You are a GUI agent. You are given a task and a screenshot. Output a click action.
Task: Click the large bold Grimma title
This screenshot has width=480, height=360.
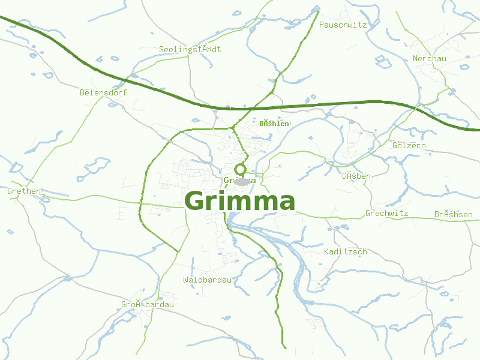point(240,202)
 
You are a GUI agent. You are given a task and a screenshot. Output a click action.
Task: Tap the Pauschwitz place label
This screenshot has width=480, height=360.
point(343,25)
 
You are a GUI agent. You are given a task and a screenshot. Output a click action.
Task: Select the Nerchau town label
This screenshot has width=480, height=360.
point(430,58)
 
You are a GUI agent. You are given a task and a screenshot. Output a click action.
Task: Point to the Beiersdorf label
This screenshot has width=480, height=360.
point(103,92)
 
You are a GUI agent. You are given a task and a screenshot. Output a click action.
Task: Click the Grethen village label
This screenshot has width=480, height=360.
point(24,191)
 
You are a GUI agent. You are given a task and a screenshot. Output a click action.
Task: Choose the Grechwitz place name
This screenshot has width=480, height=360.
point(386,213)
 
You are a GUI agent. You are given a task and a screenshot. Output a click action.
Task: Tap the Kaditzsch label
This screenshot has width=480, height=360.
point(345,251)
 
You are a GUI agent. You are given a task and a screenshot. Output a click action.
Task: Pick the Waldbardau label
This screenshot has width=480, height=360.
point(207,280)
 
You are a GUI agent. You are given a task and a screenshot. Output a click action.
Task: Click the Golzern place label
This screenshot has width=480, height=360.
point(409,145)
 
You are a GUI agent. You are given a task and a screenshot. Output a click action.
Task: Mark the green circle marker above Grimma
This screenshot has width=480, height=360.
point(241,169)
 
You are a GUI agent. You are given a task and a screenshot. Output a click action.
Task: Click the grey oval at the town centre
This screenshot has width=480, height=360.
point(242,181)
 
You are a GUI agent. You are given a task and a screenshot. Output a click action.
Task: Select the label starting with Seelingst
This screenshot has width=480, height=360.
point(190,49)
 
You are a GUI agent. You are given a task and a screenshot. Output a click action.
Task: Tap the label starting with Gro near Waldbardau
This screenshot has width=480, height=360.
point(147,304)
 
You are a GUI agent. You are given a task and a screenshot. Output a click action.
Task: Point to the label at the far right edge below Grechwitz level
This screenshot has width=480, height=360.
point(453,214)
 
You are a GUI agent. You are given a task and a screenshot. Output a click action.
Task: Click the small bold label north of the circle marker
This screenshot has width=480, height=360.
point(274,124)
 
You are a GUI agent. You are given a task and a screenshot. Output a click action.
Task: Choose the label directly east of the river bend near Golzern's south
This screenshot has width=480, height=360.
point(356,176)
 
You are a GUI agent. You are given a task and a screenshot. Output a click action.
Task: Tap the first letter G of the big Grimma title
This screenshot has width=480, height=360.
point(196,202)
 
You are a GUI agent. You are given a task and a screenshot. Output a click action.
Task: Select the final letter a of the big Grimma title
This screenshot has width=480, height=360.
point(285,202)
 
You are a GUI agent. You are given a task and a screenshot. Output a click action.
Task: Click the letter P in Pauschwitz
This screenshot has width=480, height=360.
point(322,25)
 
